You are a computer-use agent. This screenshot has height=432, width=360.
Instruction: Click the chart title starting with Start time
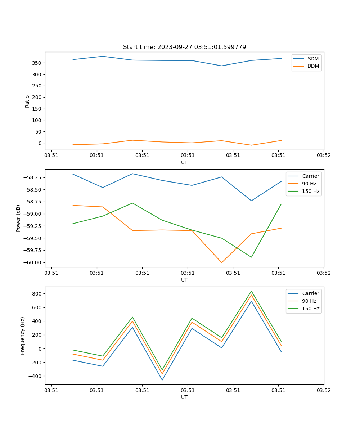[x=184, y=47]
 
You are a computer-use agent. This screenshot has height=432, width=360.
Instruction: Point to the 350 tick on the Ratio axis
[x=37, y=63]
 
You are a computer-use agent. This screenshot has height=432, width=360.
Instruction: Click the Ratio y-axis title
[x=27, y=101]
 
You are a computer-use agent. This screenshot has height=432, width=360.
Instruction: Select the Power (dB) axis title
[x=18, y=219]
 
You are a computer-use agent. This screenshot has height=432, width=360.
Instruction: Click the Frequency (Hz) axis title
[x=23, y=336]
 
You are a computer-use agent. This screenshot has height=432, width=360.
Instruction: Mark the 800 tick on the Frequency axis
[x=37, y=294]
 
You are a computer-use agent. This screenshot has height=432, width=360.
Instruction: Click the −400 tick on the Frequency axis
[x=36, y=376]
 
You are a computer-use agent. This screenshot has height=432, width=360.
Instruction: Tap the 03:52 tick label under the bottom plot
[x=324, y=390]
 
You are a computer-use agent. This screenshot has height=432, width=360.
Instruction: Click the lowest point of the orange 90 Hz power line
[x=222, y=262]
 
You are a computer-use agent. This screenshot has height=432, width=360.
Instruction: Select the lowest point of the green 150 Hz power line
[x=251, y=257]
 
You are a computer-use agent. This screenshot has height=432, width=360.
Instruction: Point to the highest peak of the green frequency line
[x=251, y=291]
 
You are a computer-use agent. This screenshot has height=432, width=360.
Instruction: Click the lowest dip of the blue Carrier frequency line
[x=162, y=380]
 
